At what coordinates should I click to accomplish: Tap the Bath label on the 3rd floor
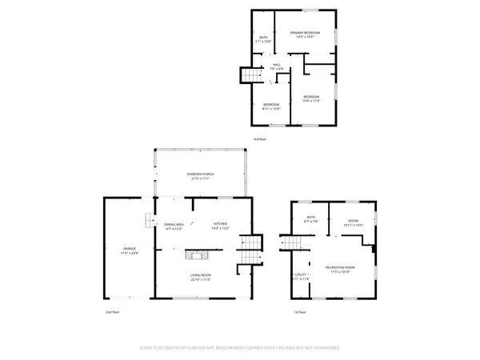point(263,37)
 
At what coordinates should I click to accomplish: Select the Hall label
point(277,65)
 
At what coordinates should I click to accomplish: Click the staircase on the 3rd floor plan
point(250,75)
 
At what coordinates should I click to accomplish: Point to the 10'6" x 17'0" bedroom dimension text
point(311,100)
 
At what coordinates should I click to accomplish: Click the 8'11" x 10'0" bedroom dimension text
point(272,109)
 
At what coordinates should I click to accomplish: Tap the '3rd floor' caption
point(260,139)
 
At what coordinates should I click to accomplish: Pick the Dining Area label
point(174,224)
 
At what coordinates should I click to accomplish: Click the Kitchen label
point(220,224)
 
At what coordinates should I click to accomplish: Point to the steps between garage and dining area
point(147,221)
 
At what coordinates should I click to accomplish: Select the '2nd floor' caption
point(113,311)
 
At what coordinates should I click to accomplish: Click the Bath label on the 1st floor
point(311,217)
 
